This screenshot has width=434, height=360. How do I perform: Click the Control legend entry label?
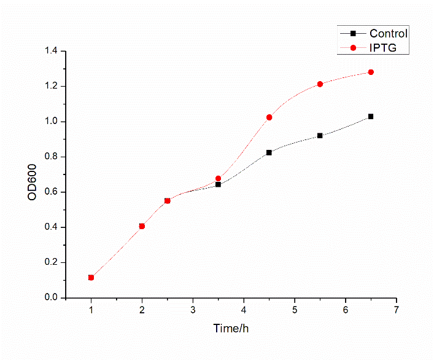388,34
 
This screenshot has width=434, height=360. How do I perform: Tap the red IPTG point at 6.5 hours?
371,72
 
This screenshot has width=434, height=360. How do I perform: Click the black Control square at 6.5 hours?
371,116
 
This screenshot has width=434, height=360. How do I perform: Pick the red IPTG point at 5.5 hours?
320,84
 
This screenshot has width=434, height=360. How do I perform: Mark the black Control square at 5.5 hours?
320,135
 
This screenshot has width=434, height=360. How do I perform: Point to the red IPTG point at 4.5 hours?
269,117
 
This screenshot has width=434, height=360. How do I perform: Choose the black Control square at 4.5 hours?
269,152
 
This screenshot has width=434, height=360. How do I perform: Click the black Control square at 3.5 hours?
218,184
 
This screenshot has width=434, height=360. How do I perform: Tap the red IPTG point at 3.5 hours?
218,178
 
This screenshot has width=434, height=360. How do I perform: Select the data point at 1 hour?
91,278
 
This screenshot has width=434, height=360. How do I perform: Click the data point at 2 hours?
142,226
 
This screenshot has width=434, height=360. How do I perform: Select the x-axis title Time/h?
231,329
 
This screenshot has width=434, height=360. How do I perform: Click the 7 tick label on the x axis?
397,309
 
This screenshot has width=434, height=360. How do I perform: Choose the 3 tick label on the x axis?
193,309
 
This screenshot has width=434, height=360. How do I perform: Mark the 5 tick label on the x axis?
295,309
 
